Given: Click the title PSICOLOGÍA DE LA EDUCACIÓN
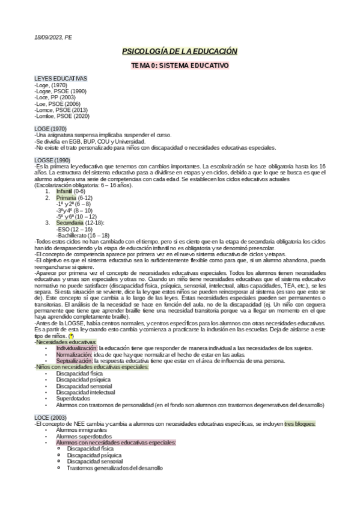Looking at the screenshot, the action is [180, 52].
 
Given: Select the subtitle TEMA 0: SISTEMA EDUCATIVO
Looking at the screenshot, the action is [180, 64].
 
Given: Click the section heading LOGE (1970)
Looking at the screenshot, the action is [50, 129].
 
